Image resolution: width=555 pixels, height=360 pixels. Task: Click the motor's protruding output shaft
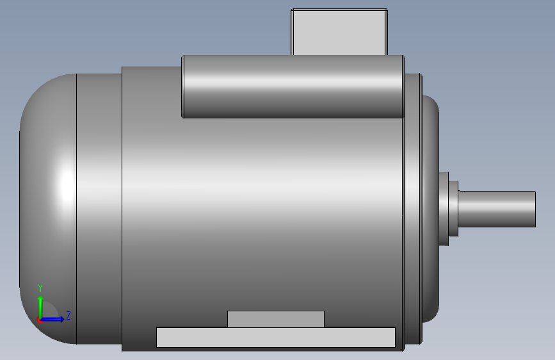496,209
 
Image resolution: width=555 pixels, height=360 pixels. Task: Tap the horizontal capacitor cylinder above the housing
293,86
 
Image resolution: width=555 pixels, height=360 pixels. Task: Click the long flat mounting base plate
275,338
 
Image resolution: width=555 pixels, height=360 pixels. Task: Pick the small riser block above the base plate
275,318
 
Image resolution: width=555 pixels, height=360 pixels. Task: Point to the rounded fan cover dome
48,205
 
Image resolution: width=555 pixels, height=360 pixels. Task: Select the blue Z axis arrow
54,318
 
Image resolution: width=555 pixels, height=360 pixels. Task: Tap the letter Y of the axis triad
40,288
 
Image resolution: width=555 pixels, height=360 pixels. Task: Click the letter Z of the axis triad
68,315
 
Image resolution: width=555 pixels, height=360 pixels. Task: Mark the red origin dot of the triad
40,320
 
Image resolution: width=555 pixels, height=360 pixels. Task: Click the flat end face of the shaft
535,209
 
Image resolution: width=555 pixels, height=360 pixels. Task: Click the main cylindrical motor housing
262,211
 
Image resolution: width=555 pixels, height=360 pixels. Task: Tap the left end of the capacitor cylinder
184,86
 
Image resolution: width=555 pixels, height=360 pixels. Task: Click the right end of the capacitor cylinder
403,86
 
